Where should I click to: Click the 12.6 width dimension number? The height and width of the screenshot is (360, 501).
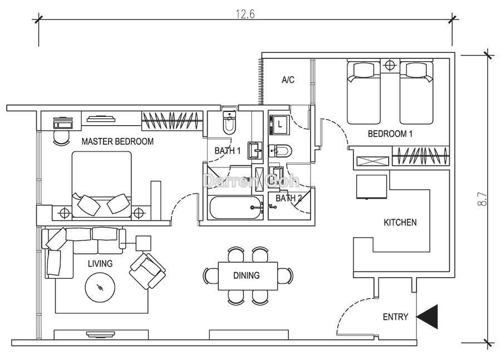pos(245,14)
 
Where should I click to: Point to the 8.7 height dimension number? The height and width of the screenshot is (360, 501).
pos(483,199)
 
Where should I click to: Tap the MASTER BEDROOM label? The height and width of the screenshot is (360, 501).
pos(117,141)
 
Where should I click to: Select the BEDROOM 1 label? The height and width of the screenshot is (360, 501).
pos(390,134)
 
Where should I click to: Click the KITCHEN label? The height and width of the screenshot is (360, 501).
pos(400,223)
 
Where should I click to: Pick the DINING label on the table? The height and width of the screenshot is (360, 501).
pos(247,275)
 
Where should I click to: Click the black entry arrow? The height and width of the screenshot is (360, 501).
pos(427,317)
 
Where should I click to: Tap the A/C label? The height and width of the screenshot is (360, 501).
pos(288,80)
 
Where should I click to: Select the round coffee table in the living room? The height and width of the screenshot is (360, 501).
pos(100,287)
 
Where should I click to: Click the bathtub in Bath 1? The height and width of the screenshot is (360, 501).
pos(235,208)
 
